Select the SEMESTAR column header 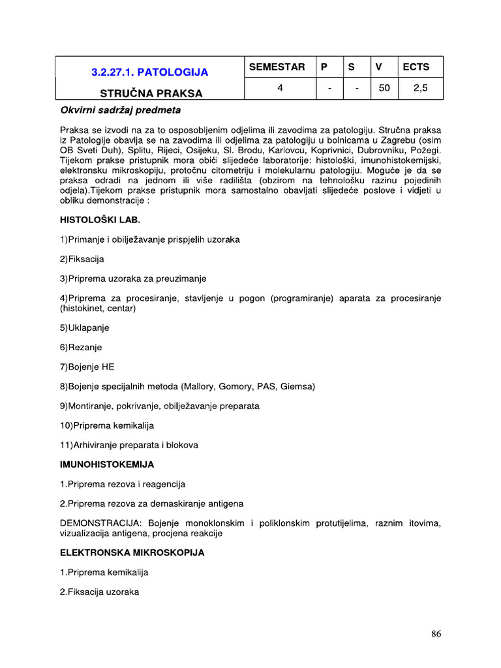click(277, 67)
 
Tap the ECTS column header click(416, 67)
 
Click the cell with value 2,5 click(421, 88)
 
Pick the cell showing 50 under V click(384, 88)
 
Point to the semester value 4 click(279, 88)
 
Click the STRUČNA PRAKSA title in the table click(151, 93)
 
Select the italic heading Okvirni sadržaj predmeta click(120, 110)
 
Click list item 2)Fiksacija click(82, 259)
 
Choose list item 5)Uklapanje click(84, 327)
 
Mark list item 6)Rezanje click(81, 347)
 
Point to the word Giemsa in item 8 click(297, 386)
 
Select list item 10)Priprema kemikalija click(107, 425)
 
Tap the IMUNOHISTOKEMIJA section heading click(107, 464)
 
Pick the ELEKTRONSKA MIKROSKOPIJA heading click(132, 553)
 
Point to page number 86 click(436, 633)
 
